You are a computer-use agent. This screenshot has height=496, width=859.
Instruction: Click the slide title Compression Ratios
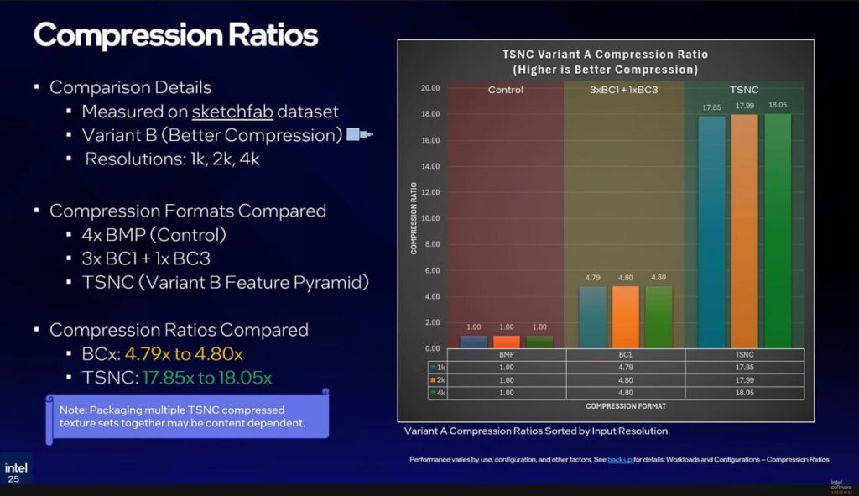point(175,35)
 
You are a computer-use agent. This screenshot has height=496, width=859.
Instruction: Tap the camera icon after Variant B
point(359,135)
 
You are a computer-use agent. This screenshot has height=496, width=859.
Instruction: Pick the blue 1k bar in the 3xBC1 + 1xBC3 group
point(593,316)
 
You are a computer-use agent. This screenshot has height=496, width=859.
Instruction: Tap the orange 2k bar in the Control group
point(507,341)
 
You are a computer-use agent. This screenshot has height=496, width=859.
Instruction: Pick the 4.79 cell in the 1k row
point(626,367)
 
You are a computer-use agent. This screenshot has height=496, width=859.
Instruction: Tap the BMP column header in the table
point(507,355)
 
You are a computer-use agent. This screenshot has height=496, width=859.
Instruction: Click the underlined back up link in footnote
point(620,460)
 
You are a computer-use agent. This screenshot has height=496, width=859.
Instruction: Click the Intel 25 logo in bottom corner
point(15,471)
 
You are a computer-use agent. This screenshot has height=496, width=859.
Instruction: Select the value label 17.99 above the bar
point(744,106)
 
